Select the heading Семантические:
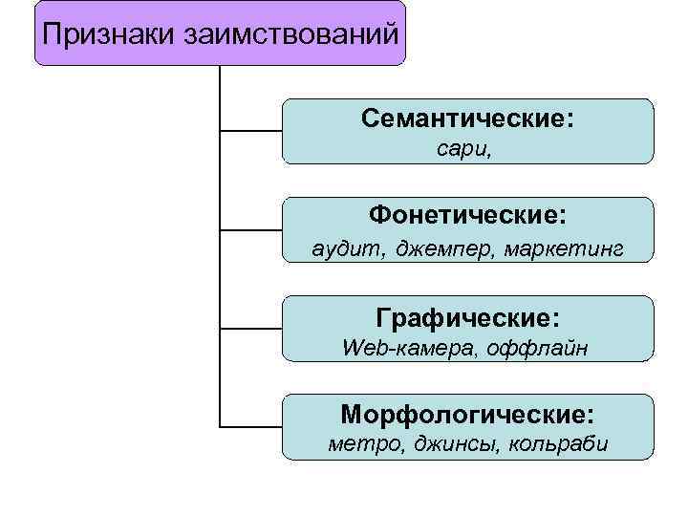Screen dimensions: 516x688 pyautogui.click(x=467, y=119)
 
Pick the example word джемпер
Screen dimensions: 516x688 pyautogui.click(x=430, y=249)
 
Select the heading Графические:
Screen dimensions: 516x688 pyautogui.click(x=468, y=316)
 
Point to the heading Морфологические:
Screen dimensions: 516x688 pyautogui.click(x=467, y=415)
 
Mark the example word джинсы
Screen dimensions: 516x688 pyautogui.click(x=447, y=444)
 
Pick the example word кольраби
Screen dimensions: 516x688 pyautogui.click(x=559, y=444)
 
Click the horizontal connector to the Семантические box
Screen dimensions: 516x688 pyautogui.click(x=251, y=130)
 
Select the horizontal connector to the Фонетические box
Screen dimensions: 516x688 pyautogui.click(x=251, y=229)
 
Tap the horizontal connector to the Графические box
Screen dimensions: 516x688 pyautogui.click(x=251, y=328)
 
